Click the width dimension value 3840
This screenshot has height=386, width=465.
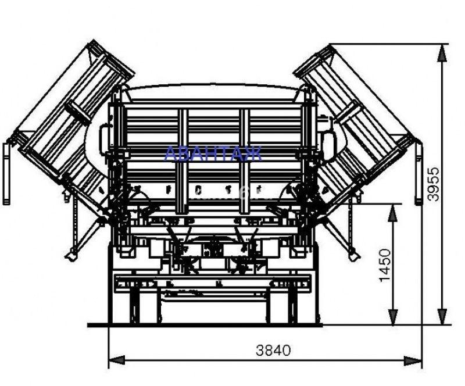pos(273,351)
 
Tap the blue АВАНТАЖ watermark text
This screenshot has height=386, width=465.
pos(213,153)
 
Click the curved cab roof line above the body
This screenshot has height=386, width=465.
pos(213,87)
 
